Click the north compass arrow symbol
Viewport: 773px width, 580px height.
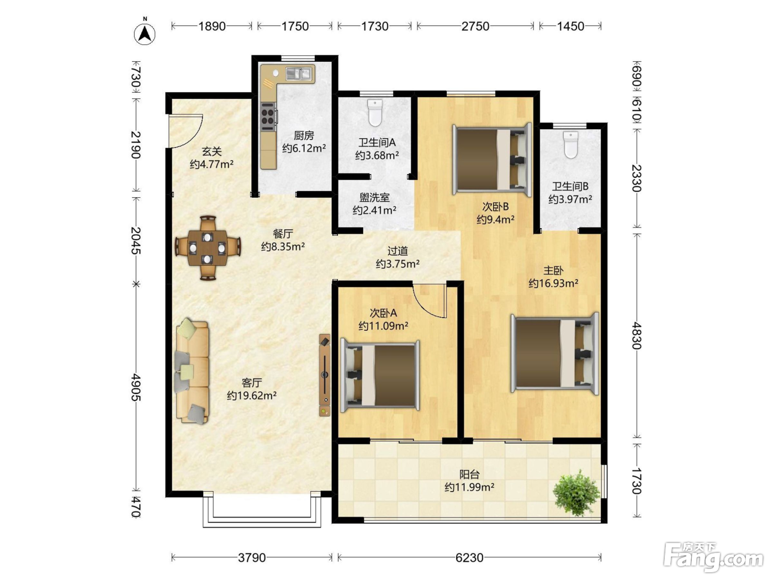click(x=145, y=34)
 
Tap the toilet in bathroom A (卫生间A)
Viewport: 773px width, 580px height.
click(x=375, y=113)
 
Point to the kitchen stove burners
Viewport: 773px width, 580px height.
click(x=268, y=117)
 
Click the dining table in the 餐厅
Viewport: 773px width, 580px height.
click(x=208, y=248)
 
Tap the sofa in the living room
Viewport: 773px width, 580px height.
click(x=192, y=371)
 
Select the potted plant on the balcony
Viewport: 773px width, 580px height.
click(x=576, y=493)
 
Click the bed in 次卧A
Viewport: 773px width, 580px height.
click(x=380, y=376)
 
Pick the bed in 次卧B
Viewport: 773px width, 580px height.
click(x=492, y=160)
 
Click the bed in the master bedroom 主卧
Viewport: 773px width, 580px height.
click(x=555, y=354)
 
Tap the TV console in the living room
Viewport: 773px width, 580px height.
click(x=325, y=375)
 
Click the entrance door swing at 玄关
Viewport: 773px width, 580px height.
click(x=185, y=131)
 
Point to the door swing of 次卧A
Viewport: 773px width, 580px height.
click(x=429, y=300)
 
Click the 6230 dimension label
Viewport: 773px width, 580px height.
click(x=469, y=557)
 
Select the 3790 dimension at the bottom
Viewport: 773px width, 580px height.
click(x=252, y=557)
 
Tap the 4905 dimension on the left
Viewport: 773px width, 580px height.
click(x=136, y=387)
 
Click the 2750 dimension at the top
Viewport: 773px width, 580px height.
click(x=475, y=26)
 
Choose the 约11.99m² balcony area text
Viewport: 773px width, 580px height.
click(x=469, y=487)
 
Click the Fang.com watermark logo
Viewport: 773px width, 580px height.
click(x=714, y=557)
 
